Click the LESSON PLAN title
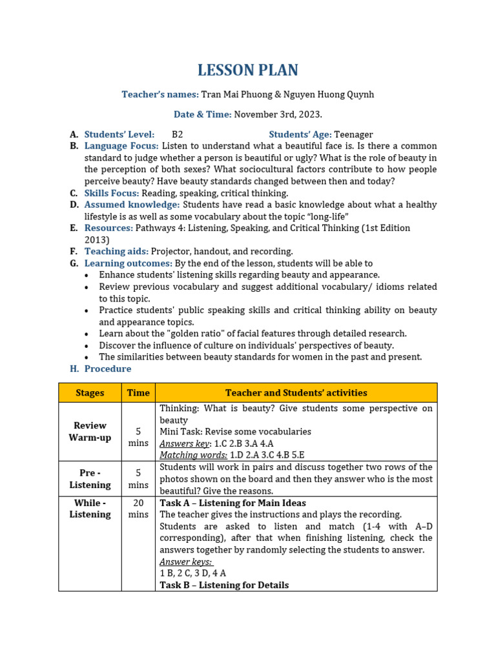click(248, 70)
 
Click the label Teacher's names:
click(160, 95)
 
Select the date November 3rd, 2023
click(278, 115)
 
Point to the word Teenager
click(353, 134)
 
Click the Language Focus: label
click(121, 146)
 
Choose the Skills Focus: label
click(112, 193)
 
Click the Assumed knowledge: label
click(132, 205)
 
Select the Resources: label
click(108, 228)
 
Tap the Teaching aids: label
click(116, 251)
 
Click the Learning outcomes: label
click(129, 263)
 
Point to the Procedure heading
click(108, 369)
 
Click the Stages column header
click(90, 392)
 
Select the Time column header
click(138, 392)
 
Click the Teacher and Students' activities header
click(296, 392)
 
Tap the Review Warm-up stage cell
click(90, 432)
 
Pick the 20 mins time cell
click(138, 509)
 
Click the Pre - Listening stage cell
click(90, 479)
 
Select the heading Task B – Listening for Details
click(224, 585)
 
